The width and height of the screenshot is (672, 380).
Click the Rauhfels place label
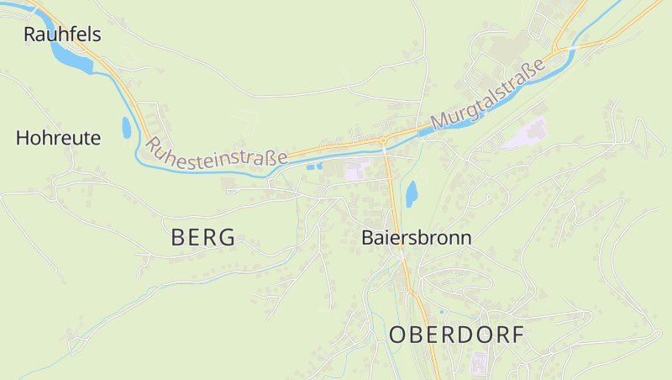[62, 34]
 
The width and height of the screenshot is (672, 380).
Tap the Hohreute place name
[58, 138]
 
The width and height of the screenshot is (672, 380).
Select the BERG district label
[203, 238]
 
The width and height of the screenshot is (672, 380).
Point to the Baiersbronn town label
[417, 238]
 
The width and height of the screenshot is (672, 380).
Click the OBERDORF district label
[456, 335]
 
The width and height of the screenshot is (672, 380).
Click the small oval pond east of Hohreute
[127, 128]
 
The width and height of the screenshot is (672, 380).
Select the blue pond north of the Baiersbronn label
[412, 194]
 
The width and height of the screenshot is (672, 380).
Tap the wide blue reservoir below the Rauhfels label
[71, 56]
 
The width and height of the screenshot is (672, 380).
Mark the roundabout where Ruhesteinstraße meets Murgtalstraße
[382, 140]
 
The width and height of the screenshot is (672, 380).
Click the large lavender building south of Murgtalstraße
[526, 135]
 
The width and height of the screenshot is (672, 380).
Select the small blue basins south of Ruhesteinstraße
[313, 166]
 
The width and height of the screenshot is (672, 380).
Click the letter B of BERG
[178, 238]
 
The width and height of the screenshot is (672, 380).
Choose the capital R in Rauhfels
[31, 34]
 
